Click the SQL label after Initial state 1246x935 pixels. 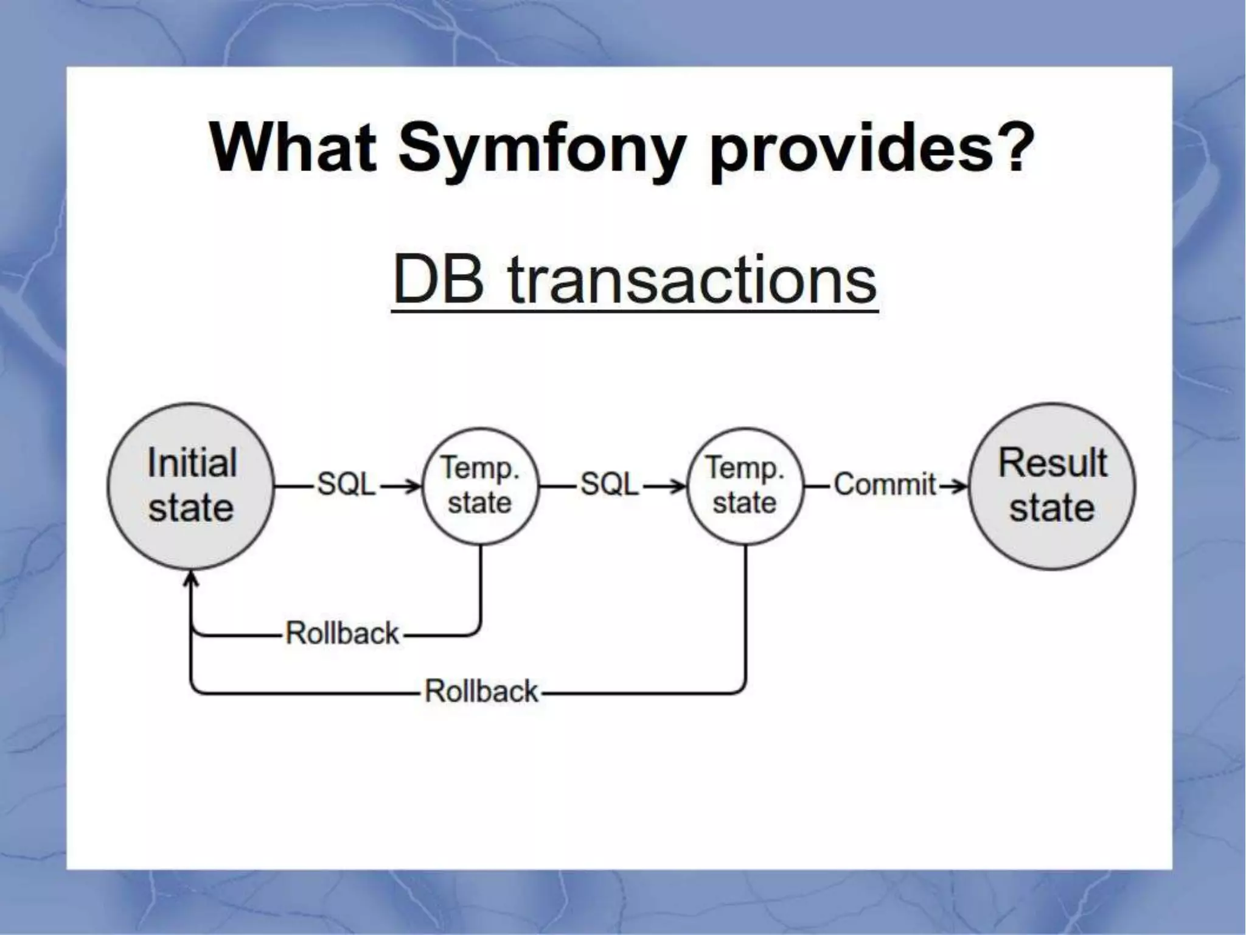[x=347, y=485]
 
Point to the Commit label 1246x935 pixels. [x=885, y=485]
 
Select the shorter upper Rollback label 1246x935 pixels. [x=342, y=633]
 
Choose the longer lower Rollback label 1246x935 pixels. [x=481, y=692]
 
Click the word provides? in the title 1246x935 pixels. [x=872, y=149]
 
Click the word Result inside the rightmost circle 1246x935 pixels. [x=1052, y=463]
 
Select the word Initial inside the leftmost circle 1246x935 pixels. [x=192, y=463]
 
